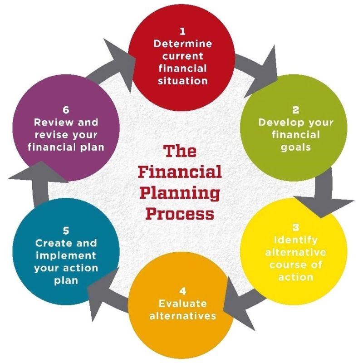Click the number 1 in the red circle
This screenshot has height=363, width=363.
coord(182,32)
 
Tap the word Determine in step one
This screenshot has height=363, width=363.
coord(182,44)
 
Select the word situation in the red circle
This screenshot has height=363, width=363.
coord(182,81)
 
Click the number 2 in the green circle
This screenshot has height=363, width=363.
coord(296,110)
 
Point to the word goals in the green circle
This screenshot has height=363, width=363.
coord(296,147)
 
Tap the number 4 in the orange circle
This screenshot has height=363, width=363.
coord(182,290)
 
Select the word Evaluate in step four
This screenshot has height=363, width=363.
coord(182,303)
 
